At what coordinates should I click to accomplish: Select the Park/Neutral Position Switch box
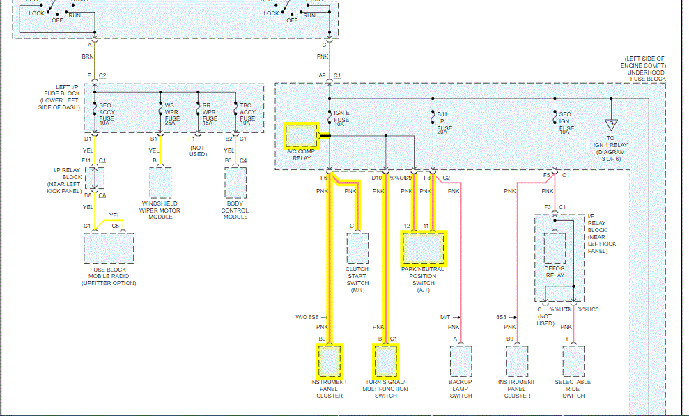(423, 247)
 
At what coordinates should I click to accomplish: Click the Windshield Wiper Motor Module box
(160, 183)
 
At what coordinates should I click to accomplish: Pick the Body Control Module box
(235, 183)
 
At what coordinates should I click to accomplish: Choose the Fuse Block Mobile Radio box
(108, 248)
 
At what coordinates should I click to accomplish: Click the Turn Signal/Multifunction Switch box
(385, 360)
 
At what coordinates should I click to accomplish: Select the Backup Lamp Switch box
(460, 361)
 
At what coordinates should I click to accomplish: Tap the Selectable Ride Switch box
(573, 361)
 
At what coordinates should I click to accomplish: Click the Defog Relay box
(555, 248)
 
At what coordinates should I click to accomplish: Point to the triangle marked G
(611, 125)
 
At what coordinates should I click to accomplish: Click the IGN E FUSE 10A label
(341, 119)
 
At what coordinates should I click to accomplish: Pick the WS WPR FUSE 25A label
(172, 112)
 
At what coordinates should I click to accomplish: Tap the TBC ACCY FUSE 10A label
(247, 112)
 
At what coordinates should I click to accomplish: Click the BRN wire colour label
(88, 56)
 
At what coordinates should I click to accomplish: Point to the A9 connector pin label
(322, 75)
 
